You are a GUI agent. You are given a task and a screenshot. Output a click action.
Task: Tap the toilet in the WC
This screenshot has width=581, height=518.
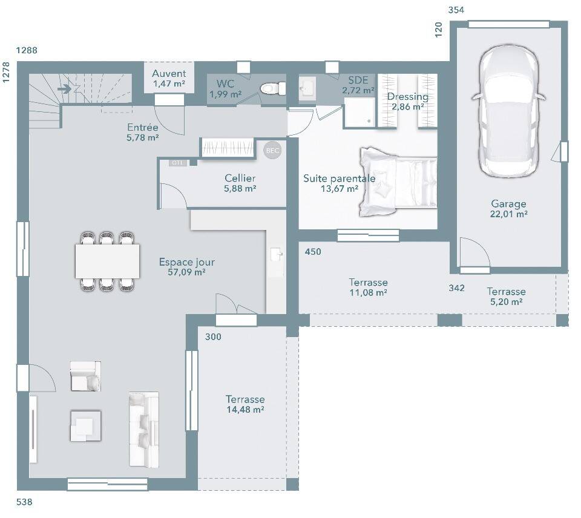272,88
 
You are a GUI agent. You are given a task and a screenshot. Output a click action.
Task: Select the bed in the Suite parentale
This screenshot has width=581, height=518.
398,182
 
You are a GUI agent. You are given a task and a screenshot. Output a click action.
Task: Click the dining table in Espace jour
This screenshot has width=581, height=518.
108,261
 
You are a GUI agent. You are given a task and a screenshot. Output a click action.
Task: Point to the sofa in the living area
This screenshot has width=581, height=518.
144,429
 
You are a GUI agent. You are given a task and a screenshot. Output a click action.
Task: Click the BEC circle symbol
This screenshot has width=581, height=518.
272,151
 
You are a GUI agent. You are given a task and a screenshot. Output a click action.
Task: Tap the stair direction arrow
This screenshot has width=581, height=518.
65,89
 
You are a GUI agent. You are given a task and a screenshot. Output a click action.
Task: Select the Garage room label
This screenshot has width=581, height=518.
508,204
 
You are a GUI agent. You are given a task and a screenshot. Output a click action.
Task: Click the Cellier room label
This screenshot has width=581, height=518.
240,179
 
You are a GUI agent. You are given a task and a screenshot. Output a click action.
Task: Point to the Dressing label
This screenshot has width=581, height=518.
407,97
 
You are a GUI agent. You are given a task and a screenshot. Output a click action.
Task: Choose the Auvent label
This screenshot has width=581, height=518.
169,73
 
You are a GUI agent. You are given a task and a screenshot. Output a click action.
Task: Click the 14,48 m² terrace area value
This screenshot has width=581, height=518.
245,410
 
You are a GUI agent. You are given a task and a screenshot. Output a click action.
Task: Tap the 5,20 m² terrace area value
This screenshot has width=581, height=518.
506,301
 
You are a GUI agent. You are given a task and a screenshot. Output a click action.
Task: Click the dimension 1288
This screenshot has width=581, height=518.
27,50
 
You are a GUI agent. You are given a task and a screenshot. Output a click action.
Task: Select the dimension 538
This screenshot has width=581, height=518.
24,502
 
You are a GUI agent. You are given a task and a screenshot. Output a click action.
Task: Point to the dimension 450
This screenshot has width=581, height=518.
313,252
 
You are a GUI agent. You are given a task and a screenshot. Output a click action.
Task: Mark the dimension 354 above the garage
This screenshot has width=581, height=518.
456,10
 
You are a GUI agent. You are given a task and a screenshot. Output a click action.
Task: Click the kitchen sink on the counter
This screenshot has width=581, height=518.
277,255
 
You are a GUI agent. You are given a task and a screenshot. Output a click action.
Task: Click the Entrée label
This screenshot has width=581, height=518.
143,128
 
